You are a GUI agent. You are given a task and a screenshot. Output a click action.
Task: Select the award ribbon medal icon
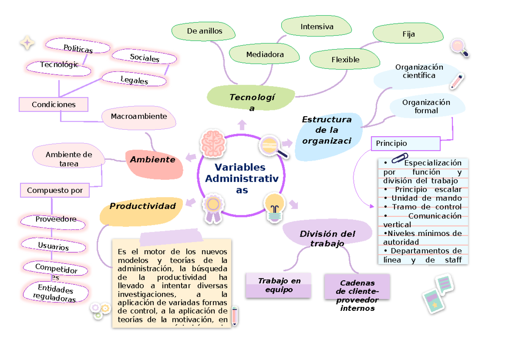pos(213,208)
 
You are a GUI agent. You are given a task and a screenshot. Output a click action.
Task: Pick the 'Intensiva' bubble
pos(317,27)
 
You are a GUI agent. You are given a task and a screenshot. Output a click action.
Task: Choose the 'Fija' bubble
pos(408,34)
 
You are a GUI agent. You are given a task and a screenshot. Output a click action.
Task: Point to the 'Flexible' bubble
pos(345,60)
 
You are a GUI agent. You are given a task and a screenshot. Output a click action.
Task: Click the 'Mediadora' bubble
pos(265,55)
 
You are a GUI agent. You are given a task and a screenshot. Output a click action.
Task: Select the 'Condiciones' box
pos(53,104)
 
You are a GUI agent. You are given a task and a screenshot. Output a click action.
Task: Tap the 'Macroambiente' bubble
pos(139,116)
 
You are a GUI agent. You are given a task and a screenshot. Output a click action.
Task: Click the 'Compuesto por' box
pos(55,190)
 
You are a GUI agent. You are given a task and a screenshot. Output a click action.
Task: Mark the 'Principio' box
pos(406,143)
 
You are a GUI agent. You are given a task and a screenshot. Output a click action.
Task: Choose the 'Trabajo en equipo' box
pos(279,285)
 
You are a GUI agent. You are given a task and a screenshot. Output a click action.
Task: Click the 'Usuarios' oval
pos(53,246)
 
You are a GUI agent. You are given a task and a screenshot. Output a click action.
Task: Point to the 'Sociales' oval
pos(145,58)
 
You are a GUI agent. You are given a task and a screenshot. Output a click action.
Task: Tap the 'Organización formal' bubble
pos(426,106)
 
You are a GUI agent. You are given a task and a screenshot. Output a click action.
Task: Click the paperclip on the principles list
pos(399,159)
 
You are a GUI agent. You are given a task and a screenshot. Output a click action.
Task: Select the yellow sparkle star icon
pos(28,43)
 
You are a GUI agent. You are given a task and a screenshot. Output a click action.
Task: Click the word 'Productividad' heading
pos(143,207)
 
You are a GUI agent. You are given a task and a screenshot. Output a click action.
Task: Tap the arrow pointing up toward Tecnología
pos(242,124)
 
